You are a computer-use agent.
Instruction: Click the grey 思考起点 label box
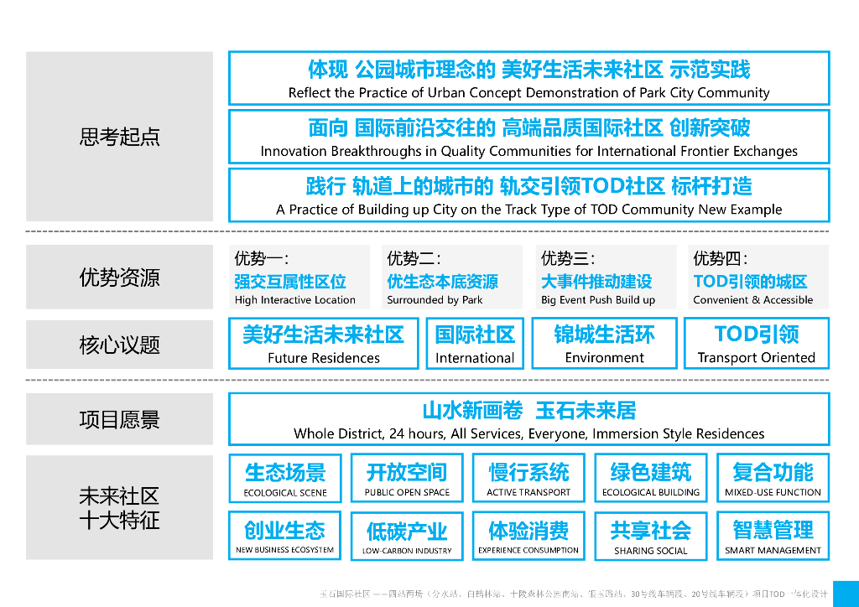coord(119,137)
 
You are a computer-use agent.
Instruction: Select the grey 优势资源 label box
coord(119,278)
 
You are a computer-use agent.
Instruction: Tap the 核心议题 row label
coord(119,345)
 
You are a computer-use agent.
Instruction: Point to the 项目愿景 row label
coord(119,419)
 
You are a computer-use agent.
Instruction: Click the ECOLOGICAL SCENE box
coord(285,479)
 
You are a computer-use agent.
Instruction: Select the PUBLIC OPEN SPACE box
coord(407,479)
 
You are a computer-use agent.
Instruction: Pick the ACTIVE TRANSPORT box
coord(528,479)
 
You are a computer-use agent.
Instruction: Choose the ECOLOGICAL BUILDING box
coord(651,479)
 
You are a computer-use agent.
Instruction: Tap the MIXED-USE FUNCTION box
coord(773,479)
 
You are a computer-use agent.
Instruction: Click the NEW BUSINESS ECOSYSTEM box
coord(285,536)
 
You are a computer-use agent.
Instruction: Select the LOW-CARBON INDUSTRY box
coord(407,536)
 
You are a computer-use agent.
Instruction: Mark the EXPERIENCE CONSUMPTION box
coord(528,536)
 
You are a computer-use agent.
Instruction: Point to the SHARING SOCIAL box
coord(651,536)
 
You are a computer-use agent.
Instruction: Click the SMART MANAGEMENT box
coord(773,536)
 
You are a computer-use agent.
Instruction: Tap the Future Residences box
coord(323,343)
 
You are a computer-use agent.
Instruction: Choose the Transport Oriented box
coord(757,343)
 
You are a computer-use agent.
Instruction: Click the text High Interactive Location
coord(295,300)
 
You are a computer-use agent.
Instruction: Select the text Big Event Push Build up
coord(598,300)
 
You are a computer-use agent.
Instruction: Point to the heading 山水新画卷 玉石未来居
coord(528,411)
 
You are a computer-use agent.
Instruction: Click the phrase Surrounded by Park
coord(435,300)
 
